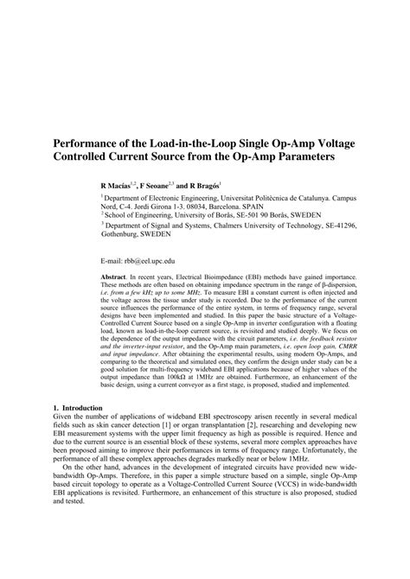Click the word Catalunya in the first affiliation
pos(294,199)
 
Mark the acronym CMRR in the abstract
pos(327,364)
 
